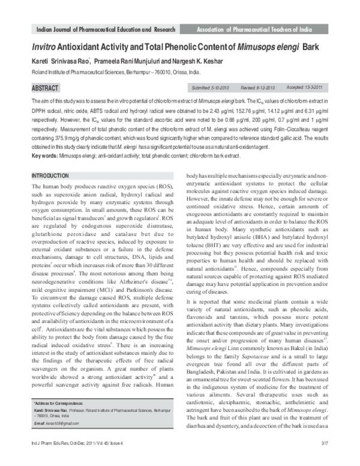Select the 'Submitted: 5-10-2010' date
point(211,86)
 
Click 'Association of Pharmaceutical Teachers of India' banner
point(262,29)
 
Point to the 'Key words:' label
point(45,156)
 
